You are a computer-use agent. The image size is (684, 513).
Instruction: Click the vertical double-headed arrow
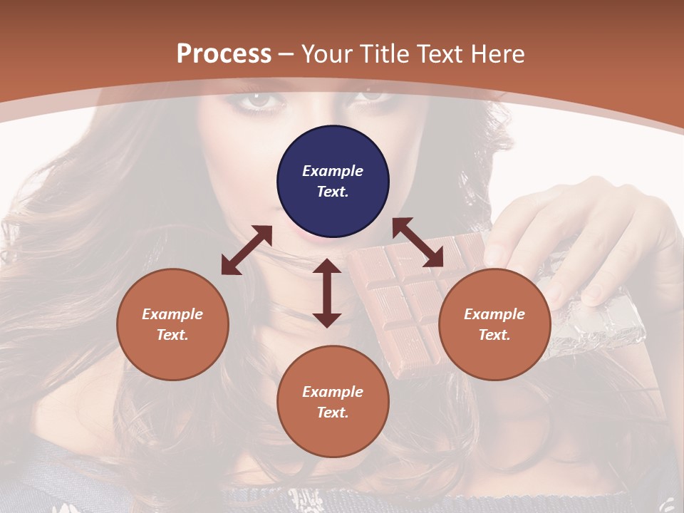(x=327, y=293)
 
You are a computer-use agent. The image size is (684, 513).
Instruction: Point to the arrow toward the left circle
(x=247, y=250)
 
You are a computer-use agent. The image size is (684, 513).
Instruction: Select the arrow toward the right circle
(x=418, y=242)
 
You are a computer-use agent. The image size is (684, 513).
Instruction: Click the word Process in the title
(x=224, y=53)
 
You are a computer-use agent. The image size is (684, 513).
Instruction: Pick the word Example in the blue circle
(x=333, y=171)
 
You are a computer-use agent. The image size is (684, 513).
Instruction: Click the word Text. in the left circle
(x=172, y=335)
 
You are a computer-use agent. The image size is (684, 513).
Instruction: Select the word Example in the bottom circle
(x=333, y=392)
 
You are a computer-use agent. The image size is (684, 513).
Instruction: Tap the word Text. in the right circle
(x=494, y=335)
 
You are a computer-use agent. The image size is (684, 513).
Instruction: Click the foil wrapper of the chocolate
(x=606, y=328)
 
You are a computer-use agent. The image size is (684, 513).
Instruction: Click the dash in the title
(x=286, y=53)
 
